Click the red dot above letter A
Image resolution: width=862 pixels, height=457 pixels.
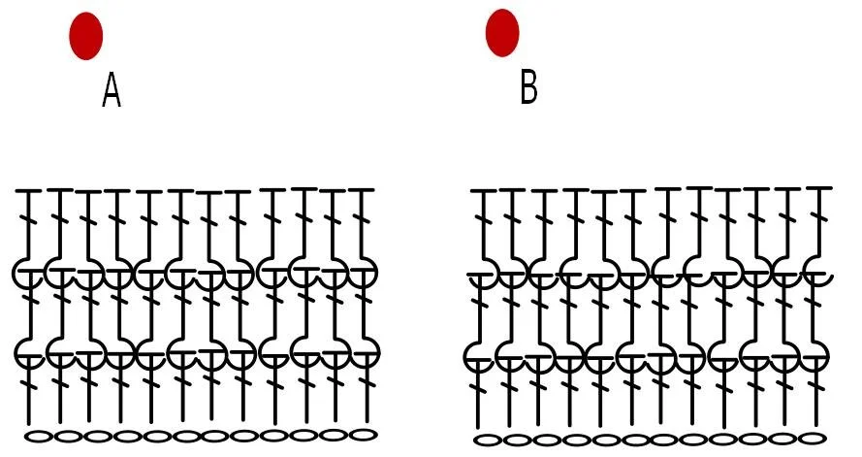pyautogui.click(x=86, y=36)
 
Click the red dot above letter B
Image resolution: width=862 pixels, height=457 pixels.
pyautogui.click(x=502, y=32)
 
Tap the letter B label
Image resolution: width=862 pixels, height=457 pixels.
pyautogui.click(x=528, y=87)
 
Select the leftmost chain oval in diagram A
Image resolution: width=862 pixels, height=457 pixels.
pyautogui.click(x=38, y=437)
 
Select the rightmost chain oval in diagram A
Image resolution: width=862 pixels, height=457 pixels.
pyautogui.click(x=362, y=434)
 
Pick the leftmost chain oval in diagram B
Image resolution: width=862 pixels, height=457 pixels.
pyautogui.click(x=492, y=440)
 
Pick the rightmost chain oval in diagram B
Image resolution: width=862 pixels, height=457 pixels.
pyautogui.click(x=813, y=438)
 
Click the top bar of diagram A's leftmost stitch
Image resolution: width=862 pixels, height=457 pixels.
pyautogui.click(x=28, y=192)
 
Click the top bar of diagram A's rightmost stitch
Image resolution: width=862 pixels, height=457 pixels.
pyautogui.click(x=362, y=190)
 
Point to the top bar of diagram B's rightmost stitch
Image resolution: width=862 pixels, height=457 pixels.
pyautogui.click(x=819, y=188)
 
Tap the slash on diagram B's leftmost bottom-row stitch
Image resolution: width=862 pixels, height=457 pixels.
pyautogui.click(x=478, y=392)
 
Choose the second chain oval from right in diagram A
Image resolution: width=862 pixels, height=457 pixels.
pyautogui.click(x=333, y=435)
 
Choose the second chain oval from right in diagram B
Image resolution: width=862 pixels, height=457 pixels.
pyautogui.click(x=783, y=439)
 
